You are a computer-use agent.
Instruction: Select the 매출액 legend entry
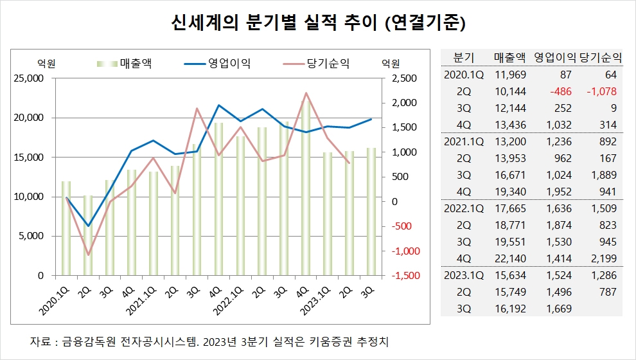139,63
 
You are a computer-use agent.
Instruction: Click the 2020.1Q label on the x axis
56,298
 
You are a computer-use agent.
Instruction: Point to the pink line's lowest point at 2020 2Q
88,255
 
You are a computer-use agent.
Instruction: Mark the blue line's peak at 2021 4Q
219,105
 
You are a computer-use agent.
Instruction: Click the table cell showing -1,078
601,91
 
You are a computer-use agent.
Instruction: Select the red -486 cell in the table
556,91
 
